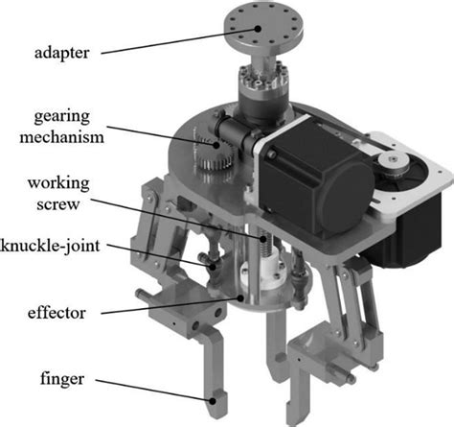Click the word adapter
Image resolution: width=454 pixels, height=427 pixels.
[x=62, y=53]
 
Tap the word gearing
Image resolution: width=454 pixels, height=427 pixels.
[x=62, y=117]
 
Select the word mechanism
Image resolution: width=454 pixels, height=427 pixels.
[x=62, y=137]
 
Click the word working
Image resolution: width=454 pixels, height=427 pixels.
[x=58, y=183]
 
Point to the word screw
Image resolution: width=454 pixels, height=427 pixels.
[x=57, y=204]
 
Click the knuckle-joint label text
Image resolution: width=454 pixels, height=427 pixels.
[x=50, y=246]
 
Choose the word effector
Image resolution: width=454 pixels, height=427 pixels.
[x=57, y=313]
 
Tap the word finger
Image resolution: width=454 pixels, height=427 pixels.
[x=62, y=379]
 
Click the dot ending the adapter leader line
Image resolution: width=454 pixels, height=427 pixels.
[x=258, y=29]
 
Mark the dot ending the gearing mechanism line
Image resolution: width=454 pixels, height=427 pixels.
[x=216, y=145]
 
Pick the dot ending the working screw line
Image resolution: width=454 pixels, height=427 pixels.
[x=263, y=239]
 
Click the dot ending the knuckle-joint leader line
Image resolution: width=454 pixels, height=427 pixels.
[x=213, y=266]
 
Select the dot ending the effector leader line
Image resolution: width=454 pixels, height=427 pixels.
[x=240, y=298]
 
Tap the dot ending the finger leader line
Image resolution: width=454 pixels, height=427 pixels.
[x=212, y=400]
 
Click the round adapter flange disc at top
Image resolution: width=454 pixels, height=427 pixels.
[x=263, y=26]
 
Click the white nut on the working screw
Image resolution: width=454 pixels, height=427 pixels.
[x=262, y=272]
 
